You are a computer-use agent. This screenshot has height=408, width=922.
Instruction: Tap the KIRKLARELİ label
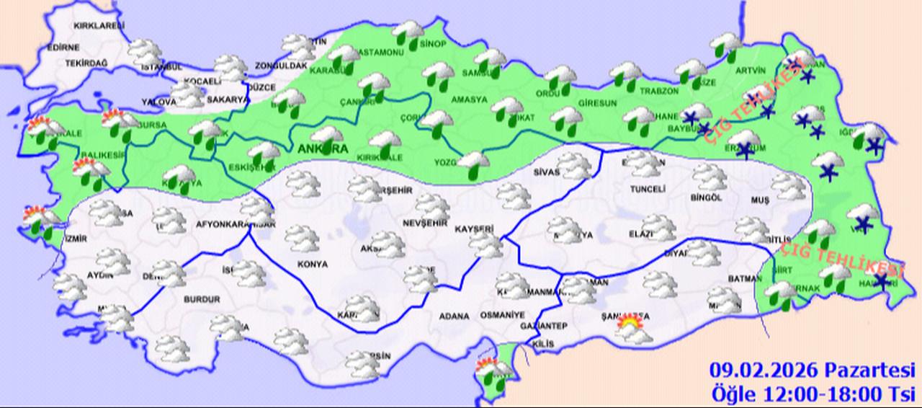(x=96, y=25)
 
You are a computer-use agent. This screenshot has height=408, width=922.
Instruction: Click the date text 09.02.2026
(x=764, y=371)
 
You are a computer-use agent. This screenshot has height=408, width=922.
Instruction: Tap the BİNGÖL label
(x=705, y=198)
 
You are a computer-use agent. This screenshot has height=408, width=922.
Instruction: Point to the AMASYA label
(x=470, y=99)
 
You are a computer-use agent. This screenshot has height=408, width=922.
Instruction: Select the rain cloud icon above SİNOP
(x=409, y=32)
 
